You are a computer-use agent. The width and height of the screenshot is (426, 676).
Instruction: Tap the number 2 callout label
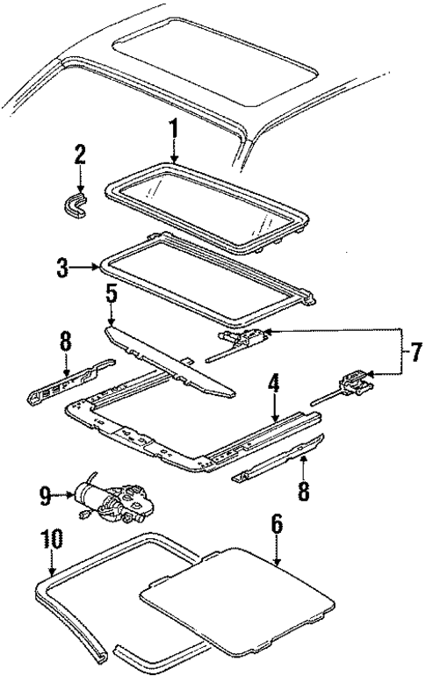[x=80, y=156]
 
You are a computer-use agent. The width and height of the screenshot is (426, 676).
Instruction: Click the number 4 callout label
[x=274, y=384]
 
